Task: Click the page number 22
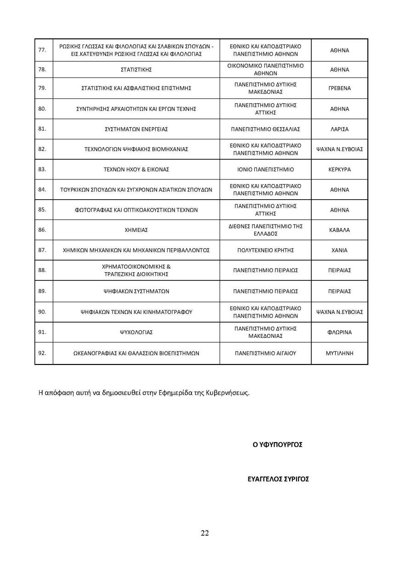tap(205, 533)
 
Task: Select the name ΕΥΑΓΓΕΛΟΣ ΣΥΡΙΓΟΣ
tap(278, 479)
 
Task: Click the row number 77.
tap(42, 50)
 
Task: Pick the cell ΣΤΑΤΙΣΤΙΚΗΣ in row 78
tap(136, 70)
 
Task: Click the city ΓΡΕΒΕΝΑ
tap(340, 88)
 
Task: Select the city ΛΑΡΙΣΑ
tap(340, 129)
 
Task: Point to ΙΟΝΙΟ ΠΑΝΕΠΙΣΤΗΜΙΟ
tap(265, 169)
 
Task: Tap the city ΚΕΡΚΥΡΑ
tap(340, 169)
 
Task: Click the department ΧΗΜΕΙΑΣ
tap(136, 230)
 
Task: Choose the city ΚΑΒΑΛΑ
tap(340, 230)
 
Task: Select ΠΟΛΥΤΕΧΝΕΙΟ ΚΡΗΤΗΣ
tap(265, 250)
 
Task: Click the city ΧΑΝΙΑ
tap(340, 250)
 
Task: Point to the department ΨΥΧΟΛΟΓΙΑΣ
tap(136, 332)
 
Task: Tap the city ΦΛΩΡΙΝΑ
tap(340, 332)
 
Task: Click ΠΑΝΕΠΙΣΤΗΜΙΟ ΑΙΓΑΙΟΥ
tap(265, 353)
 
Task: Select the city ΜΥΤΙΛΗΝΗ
tap(340, 353)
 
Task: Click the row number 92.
tap(42, 353)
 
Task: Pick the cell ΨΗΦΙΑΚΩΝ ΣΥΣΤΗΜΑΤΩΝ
tap(136, 291)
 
